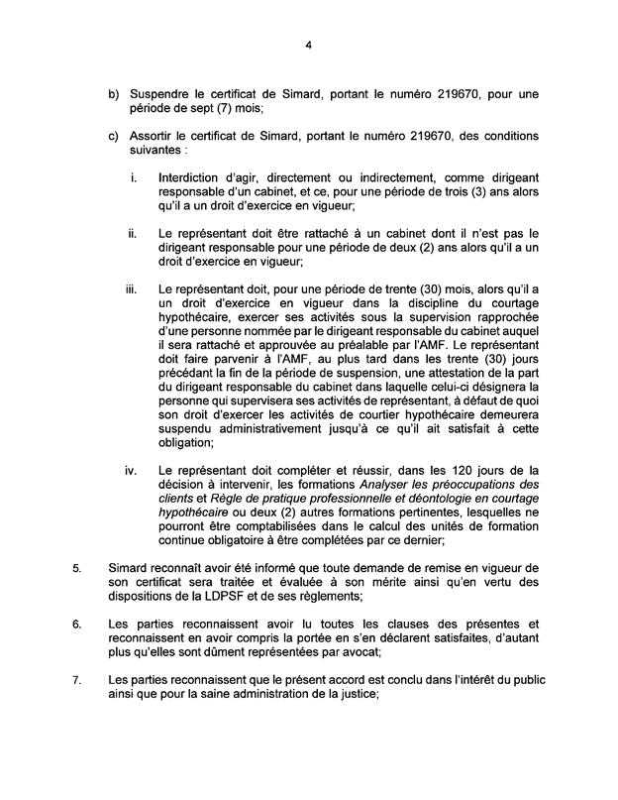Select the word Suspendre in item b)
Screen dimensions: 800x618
click(161, 94)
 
